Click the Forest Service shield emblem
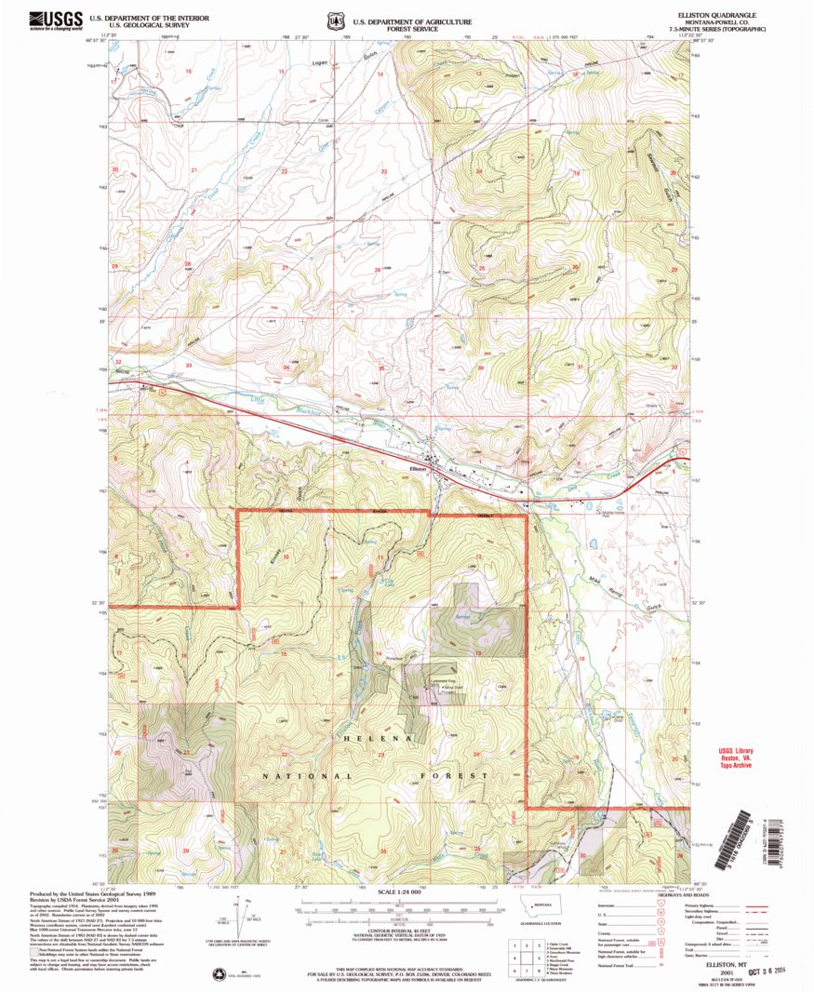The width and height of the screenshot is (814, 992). click(x=333, y=20)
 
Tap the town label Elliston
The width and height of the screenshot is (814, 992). click(x=418, y=468)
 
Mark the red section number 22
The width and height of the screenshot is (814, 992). click(x=284, y=171)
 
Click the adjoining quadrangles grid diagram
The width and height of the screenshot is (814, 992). click(x=526, y=952)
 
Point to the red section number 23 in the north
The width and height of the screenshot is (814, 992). click(x=383, y=173)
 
